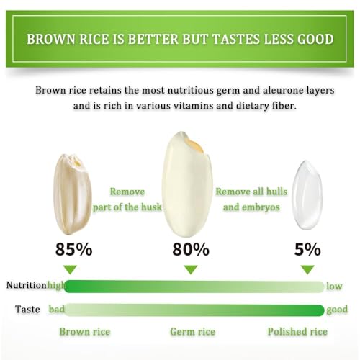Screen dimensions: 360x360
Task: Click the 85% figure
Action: point(73,249)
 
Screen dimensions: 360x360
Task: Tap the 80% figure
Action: point(191,249)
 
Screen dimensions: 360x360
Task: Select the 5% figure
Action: point(307,249)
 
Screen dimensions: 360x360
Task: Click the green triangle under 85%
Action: point(71,269)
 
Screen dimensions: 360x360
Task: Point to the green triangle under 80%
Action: point(191,269)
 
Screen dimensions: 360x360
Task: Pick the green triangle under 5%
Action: point(307,269)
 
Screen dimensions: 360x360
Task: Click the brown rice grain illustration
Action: point(72,194)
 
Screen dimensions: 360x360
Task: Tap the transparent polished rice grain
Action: point(307,195)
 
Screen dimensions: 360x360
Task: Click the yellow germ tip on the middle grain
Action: point(195,146)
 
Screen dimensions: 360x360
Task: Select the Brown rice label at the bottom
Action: point(85,332)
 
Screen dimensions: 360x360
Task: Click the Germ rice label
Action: point(193,332)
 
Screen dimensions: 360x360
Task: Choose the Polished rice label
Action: point(297,332)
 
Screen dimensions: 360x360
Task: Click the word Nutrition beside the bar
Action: point(26,285)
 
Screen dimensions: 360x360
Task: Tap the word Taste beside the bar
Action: point(27,309)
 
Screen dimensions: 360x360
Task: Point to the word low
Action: point(334,286)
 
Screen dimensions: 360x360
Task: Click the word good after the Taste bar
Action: point(337,310)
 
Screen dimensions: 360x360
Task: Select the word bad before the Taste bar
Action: point(57,309)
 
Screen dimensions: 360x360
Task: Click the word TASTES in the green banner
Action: point(236,39)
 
